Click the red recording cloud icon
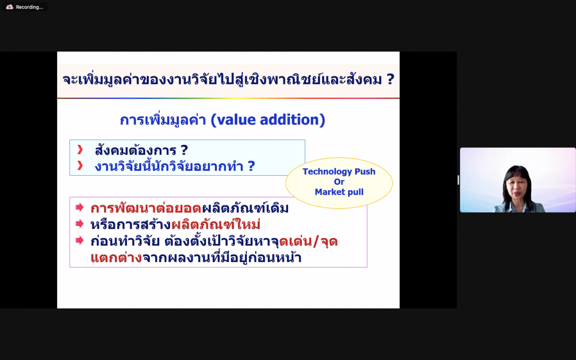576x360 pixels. [x=9, y=7]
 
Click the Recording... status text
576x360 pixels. [x=29, y=7]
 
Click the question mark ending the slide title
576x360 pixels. [x=390, y=79]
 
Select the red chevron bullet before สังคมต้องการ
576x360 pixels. [x=80, y=150]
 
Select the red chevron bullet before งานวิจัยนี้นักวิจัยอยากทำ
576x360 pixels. [x=80, y=166]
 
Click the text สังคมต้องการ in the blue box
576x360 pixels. [x=135, y=150]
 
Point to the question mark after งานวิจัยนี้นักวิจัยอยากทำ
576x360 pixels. [x=251, y=166]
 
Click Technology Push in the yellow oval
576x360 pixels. [x=338, y=172]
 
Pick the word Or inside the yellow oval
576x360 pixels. [x=338, y=182]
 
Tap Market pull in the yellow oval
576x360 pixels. [x=338, y=192]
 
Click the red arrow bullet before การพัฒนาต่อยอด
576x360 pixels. [x=79, y=208]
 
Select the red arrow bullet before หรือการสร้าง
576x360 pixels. [x=79, y=224]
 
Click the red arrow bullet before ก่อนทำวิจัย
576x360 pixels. [x=79, y=240]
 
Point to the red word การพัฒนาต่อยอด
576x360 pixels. [x=146, y=209]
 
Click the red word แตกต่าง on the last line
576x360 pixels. [x=116, y=258]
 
